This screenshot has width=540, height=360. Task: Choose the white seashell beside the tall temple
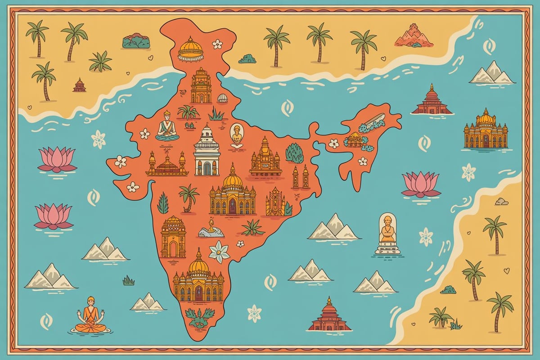[222, 98]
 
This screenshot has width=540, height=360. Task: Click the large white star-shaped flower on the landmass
[219, 251]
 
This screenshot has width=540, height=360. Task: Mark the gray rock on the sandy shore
[501, 202]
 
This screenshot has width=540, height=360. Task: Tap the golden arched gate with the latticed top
[173, 237]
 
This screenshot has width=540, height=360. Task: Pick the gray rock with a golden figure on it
[211, 229]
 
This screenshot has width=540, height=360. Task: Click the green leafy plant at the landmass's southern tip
[199, 318]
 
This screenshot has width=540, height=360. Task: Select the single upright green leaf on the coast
[162, 203]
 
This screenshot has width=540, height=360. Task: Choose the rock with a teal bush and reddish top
[136, 41]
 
